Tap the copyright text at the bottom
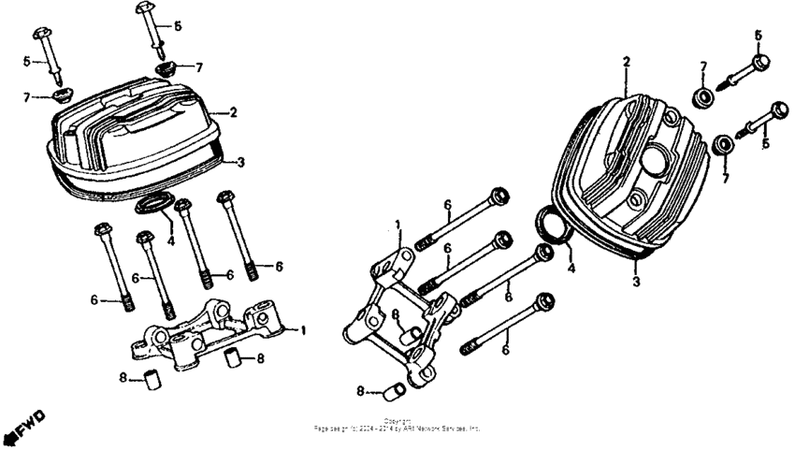click(x=397, y=426)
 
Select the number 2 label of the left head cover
click(x=233, y=112)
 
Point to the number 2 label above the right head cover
click(x=626, y=62)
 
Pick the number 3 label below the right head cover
click(x=635, y=281)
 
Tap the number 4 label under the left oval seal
click(x=171, y=240)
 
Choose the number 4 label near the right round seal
click(x=571, y=267)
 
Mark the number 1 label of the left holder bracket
click(x=302, y=330)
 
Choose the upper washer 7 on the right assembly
click(x=701, y=96)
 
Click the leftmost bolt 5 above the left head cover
click(x=51, y=58)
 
